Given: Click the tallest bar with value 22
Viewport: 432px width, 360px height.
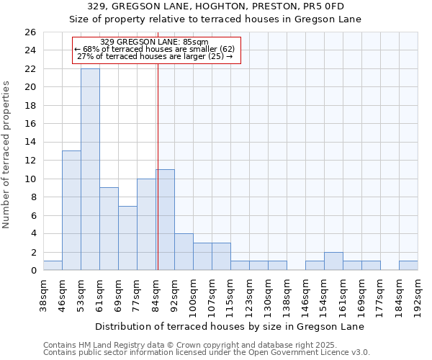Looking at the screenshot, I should point(90,169).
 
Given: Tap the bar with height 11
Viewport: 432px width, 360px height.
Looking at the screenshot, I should point(165,220).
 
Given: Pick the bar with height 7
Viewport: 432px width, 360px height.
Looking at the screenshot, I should point(127,238).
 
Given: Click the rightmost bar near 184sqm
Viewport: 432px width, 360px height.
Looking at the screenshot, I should point(408,266).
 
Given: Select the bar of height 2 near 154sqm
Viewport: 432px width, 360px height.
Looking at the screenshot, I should point(333,261).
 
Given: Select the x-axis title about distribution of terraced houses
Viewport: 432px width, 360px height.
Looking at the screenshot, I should point(229,326).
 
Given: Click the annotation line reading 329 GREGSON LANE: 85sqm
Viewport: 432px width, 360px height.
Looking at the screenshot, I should point(154,42).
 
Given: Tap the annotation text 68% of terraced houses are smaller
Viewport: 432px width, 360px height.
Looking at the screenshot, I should point(154,49).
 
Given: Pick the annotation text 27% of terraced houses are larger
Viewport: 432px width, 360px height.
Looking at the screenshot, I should point(154,56).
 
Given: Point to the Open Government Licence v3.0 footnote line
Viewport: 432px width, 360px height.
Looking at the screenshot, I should point(207,353).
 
